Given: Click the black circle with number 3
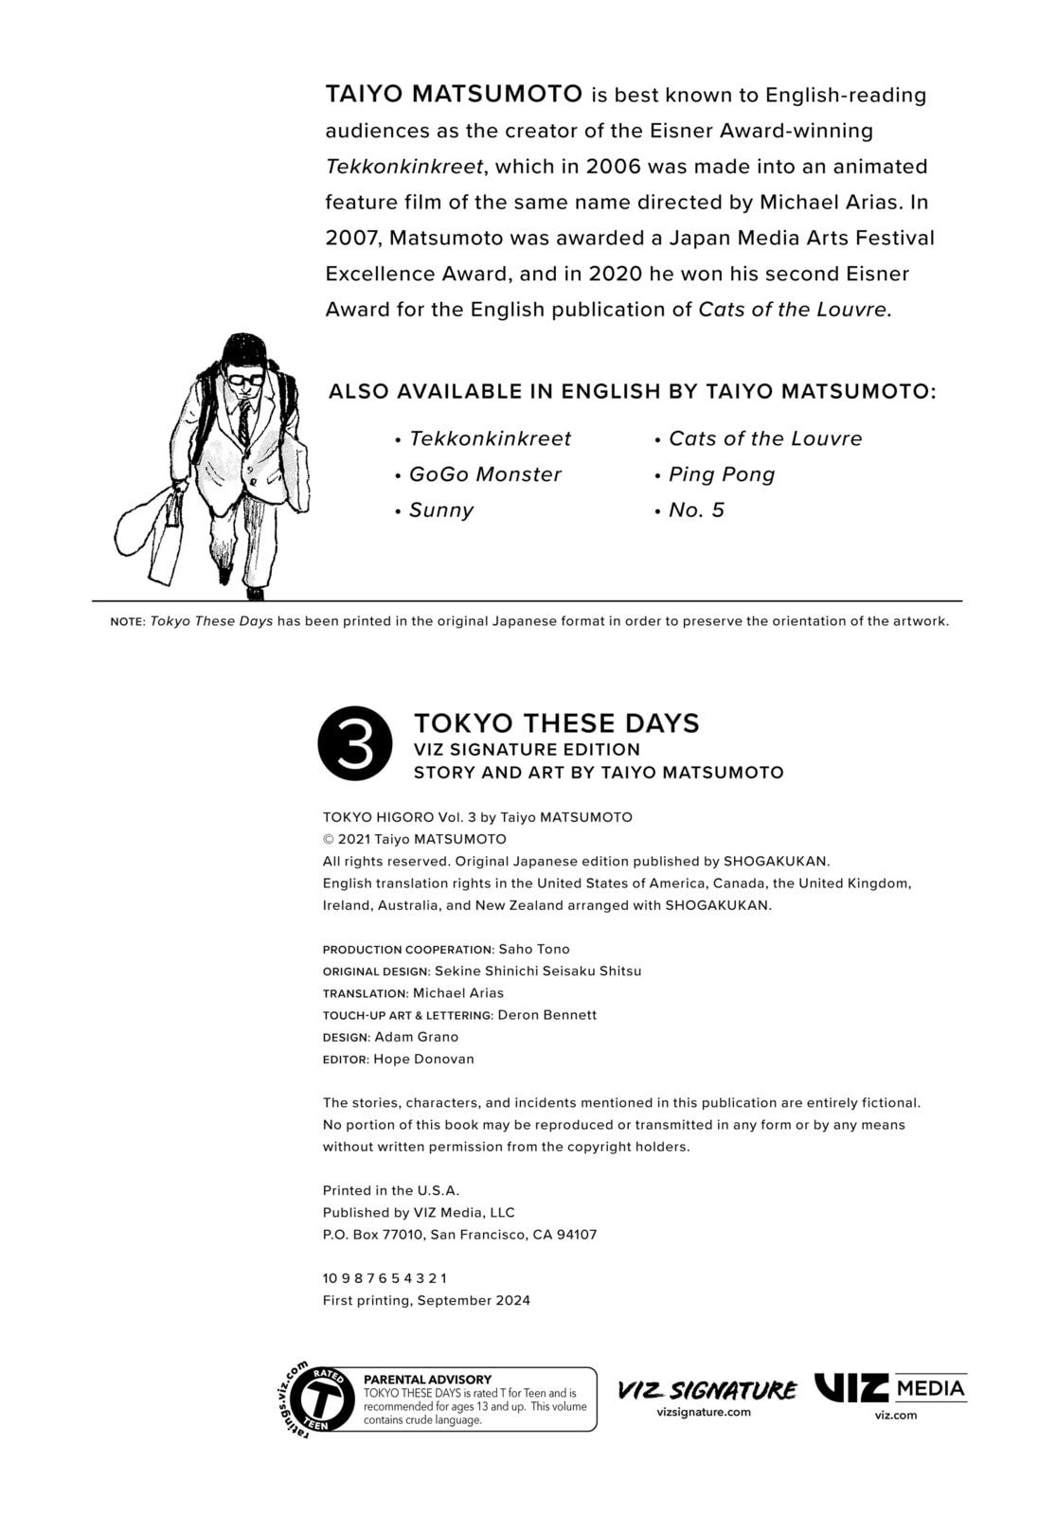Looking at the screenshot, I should [355, 743].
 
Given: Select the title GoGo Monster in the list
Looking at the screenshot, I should [485, 474].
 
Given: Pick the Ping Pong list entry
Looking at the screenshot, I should [722, 474].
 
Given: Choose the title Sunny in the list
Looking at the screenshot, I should [441, 510].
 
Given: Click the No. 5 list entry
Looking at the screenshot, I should [696, 510].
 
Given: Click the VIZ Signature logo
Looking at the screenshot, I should [707, 1390].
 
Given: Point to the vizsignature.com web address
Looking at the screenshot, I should [704, 1412].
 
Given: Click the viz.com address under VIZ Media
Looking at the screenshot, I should [896, 1416].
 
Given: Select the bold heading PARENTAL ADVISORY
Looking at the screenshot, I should [428, 1380].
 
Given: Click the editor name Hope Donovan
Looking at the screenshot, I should [423, 1059].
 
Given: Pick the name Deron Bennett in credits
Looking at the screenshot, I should [547, 1015].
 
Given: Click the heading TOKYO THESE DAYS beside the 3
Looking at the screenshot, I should [557, 723].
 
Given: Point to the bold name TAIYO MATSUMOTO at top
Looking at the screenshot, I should [454, 94].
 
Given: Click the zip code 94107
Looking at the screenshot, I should [577, 1235].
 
